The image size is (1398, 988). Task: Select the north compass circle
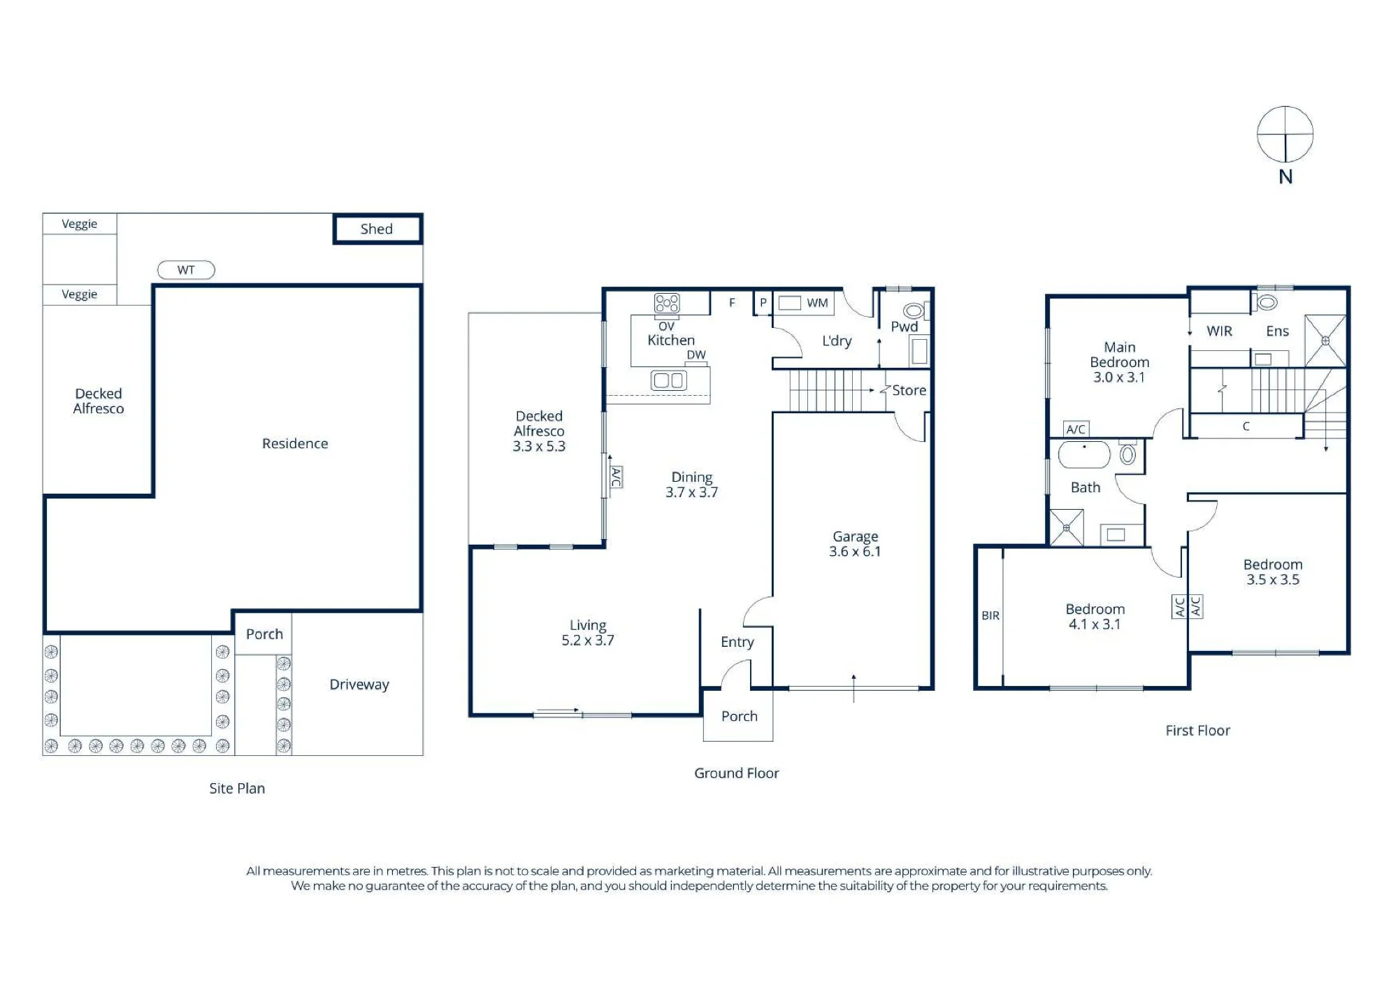coord(1285,134)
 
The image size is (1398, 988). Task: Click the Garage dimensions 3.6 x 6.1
coord(855,552)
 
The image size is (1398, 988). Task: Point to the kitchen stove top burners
coord(667,303)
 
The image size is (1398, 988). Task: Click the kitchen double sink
coord(669,380)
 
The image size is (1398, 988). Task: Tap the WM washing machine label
coord(817,303)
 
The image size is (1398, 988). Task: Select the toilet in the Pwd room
coord(914,310)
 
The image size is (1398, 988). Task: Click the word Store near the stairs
coord(909,390)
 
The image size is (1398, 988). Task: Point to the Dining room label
coord(692,477)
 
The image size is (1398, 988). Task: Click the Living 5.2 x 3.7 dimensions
coord(588,640)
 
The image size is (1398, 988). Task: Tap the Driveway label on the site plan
coord(359,685)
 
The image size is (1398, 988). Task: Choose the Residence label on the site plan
coord(295,443)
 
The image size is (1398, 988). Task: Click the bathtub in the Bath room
coord(1084,454)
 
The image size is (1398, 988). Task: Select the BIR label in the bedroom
coord(990,616)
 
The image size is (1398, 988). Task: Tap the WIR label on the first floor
coord(1220,331)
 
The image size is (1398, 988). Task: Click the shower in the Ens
coord(1325,341)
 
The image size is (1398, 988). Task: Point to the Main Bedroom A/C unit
coord(1076,429)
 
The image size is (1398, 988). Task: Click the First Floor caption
coord(1198,731)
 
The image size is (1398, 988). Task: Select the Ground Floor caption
coord(737,773)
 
